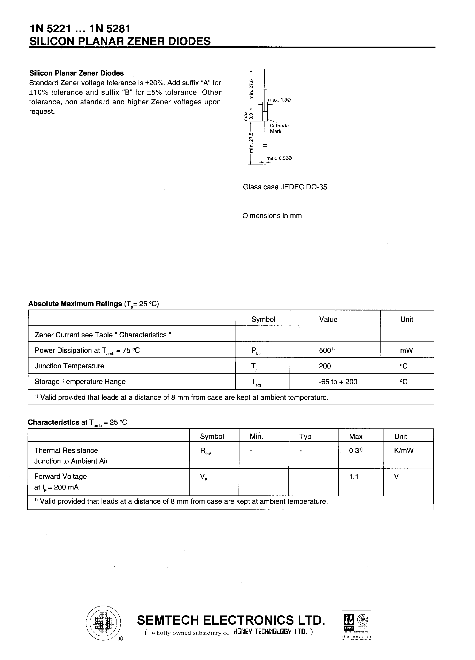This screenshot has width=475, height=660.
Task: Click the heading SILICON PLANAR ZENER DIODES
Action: click(x=120, y=41)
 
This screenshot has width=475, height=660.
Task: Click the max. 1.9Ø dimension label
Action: click(x=279, y=100)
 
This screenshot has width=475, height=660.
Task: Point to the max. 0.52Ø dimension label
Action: click(x=279, y=158)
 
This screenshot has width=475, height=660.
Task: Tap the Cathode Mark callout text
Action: click(x=279, y=128)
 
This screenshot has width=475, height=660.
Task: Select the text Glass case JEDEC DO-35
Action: click(x=285, y=187)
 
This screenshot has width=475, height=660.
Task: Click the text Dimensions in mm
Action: click(x=272, y=216)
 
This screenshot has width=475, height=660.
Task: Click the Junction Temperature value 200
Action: click(x=325, y=366)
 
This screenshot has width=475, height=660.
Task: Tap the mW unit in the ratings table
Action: click(x=406, y=350)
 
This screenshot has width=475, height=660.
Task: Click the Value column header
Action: click(x=328, y=319)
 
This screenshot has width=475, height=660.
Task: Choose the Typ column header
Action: click(x=305, y=436)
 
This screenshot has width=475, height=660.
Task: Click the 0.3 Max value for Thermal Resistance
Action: click(x=355, y=450)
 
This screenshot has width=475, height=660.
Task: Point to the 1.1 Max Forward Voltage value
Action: click(x=353, y=476)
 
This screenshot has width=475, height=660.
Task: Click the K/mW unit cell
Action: click(x=404, y=450)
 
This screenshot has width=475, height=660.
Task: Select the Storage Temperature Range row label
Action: click(x=80, y=381)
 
